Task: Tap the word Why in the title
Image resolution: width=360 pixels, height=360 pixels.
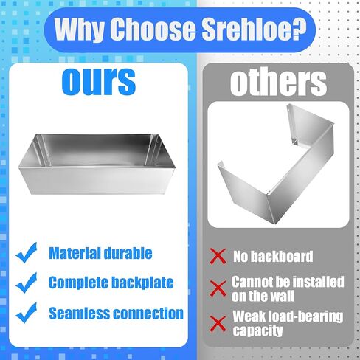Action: (x=79, y=30)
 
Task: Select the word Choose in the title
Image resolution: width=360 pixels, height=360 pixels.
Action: (x=153, y=29)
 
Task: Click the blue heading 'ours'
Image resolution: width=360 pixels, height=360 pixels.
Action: (x=98, y=81)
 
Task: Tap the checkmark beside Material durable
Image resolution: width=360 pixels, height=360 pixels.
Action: (x=27, y=252)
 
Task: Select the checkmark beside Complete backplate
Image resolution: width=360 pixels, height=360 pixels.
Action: (x=27, y=283)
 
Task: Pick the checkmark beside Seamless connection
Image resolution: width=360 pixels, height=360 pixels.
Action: (x=27, y=313)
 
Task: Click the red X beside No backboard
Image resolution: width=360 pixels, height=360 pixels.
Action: (x=218, y=256)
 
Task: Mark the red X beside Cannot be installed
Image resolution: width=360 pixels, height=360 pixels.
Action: (x=218, y=288)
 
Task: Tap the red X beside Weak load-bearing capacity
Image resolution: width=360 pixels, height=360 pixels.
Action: (x=218, y=323)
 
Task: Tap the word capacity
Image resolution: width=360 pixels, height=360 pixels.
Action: (x=258, y=330)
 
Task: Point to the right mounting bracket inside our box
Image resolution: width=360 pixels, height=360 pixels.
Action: (x=152, y=150)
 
